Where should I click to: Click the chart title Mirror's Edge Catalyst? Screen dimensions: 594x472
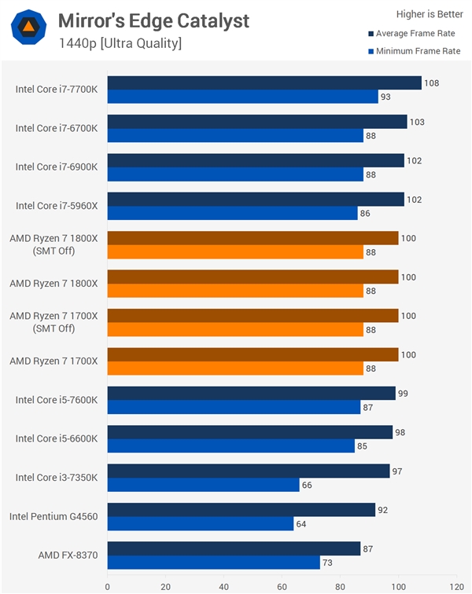153,20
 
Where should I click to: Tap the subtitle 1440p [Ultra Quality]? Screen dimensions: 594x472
120,42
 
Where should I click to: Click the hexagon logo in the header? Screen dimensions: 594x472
28,28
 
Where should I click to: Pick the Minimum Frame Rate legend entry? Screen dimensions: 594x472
417,51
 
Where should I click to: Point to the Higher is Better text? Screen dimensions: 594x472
430,13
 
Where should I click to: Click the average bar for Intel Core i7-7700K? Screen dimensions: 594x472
264,82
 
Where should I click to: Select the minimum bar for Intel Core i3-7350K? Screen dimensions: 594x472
203,485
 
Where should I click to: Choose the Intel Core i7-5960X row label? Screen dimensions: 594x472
57,206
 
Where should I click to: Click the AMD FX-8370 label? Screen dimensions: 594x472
68,555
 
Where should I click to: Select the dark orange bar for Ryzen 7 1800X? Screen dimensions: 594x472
253,277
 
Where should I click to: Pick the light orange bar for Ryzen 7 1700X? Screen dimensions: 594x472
235,368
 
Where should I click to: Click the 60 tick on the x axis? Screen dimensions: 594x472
282,585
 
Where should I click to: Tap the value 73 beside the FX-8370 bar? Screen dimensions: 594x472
328,563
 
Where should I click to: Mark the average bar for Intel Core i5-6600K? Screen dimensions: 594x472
249,431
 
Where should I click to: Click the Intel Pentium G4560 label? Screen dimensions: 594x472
53,516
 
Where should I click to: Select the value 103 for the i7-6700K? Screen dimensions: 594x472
416,122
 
